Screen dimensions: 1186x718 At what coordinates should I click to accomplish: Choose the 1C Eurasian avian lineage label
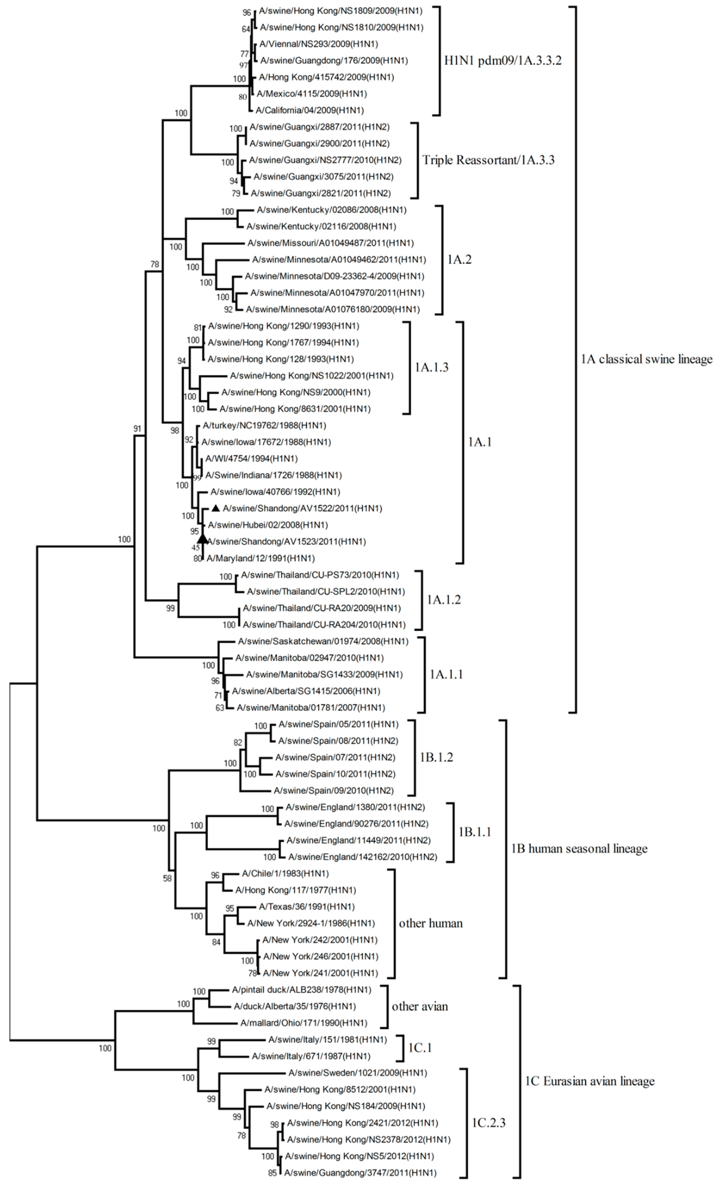click(x=589, y=1081)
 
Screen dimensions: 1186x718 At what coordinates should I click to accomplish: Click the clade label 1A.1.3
click(x=431, y=367)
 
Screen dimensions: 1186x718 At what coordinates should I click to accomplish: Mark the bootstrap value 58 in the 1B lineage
click(x=167, y=878)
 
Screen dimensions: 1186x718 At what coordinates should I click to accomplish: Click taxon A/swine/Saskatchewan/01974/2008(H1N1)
click(x=323, y=641)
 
